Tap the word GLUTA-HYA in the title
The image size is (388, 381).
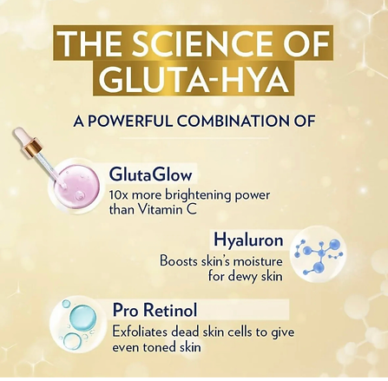[x=194, y=79]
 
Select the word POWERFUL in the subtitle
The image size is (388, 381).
[x=130, y=122]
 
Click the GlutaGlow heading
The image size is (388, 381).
[x=150, y=174]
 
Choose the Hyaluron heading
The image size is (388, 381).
[x=248, y=240]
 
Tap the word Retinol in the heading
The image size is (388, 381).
[x=170, y=310]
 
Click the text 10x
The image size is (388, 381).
[x=119, y=195]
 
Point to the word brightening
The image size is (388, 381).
[x=198, y=196]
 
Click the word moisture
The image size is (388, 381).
[x=258, y=261]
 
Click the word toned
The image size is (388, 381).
[x=160, y=347]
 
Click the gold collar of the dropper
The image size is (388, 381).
[x=31, y=146]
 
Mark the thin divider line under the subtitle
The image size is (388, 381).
[x=194, y=138]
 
